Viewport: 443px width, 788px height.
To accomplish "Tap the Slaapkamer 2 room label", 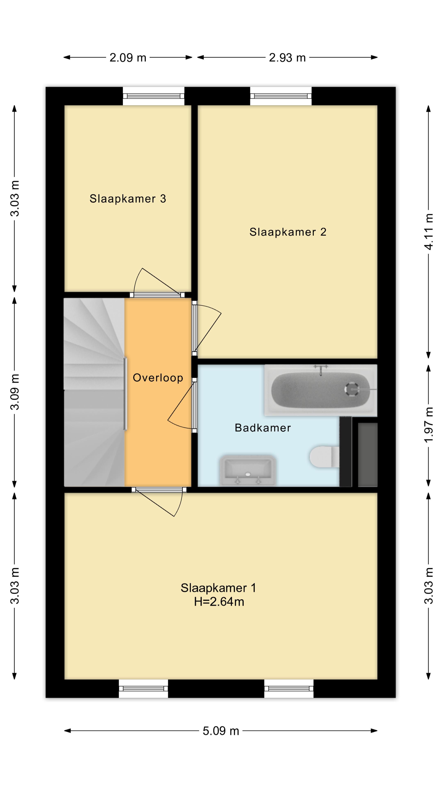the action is (288, 232).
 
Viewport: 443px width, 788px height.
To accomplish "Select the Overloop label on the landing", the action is (158, 378).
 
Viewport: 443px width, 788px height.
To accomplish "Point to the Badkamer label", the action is (263, 428).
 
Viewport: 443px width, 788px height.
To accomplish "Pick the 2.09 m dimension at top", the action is (128, 57).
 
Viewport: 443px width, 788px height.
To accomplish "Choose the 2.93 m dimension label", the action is (287, 57).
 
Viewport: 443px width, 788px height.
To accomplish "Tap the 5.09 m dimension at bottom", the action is (221, 731).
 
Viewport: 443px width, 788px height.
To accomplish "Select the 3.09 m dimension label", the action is (15, 392).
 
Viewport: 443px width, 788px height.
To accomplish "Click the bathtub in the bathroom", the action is (321, 390).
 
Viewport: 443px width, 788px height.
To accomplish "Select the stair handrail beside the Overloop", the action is (125, 394).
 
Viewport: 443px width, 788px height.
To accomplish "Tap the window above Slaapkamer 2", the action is (281, 96).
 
